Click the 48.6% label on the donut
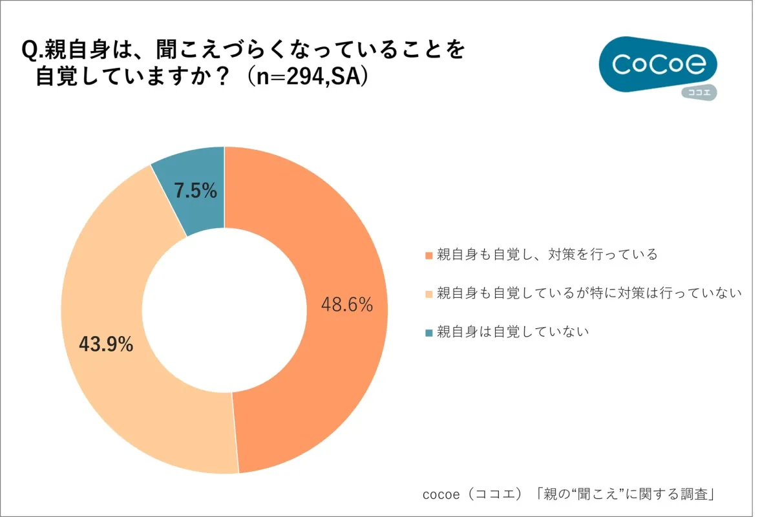347,304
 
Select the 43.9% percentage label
106,344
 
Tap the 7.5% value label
195,191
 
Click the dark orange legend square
428,255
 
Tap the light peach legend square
428,293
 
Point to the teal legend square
428,332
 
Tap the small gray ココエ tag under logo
699,92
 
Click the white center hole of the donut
224,310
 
